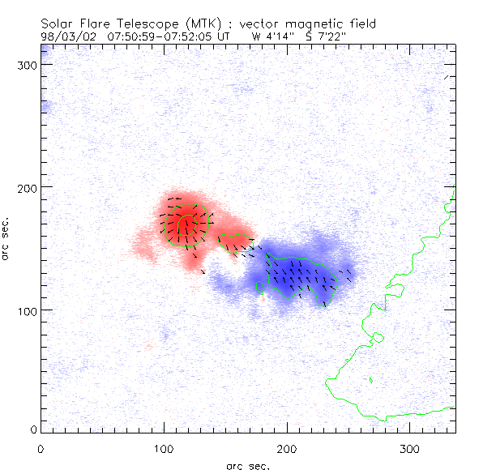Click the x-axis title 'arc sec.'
click(x=247, y=465)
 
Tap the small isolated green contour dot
click(x=370, y=379)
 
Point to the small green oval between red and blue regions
click(x=237, y=242)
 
